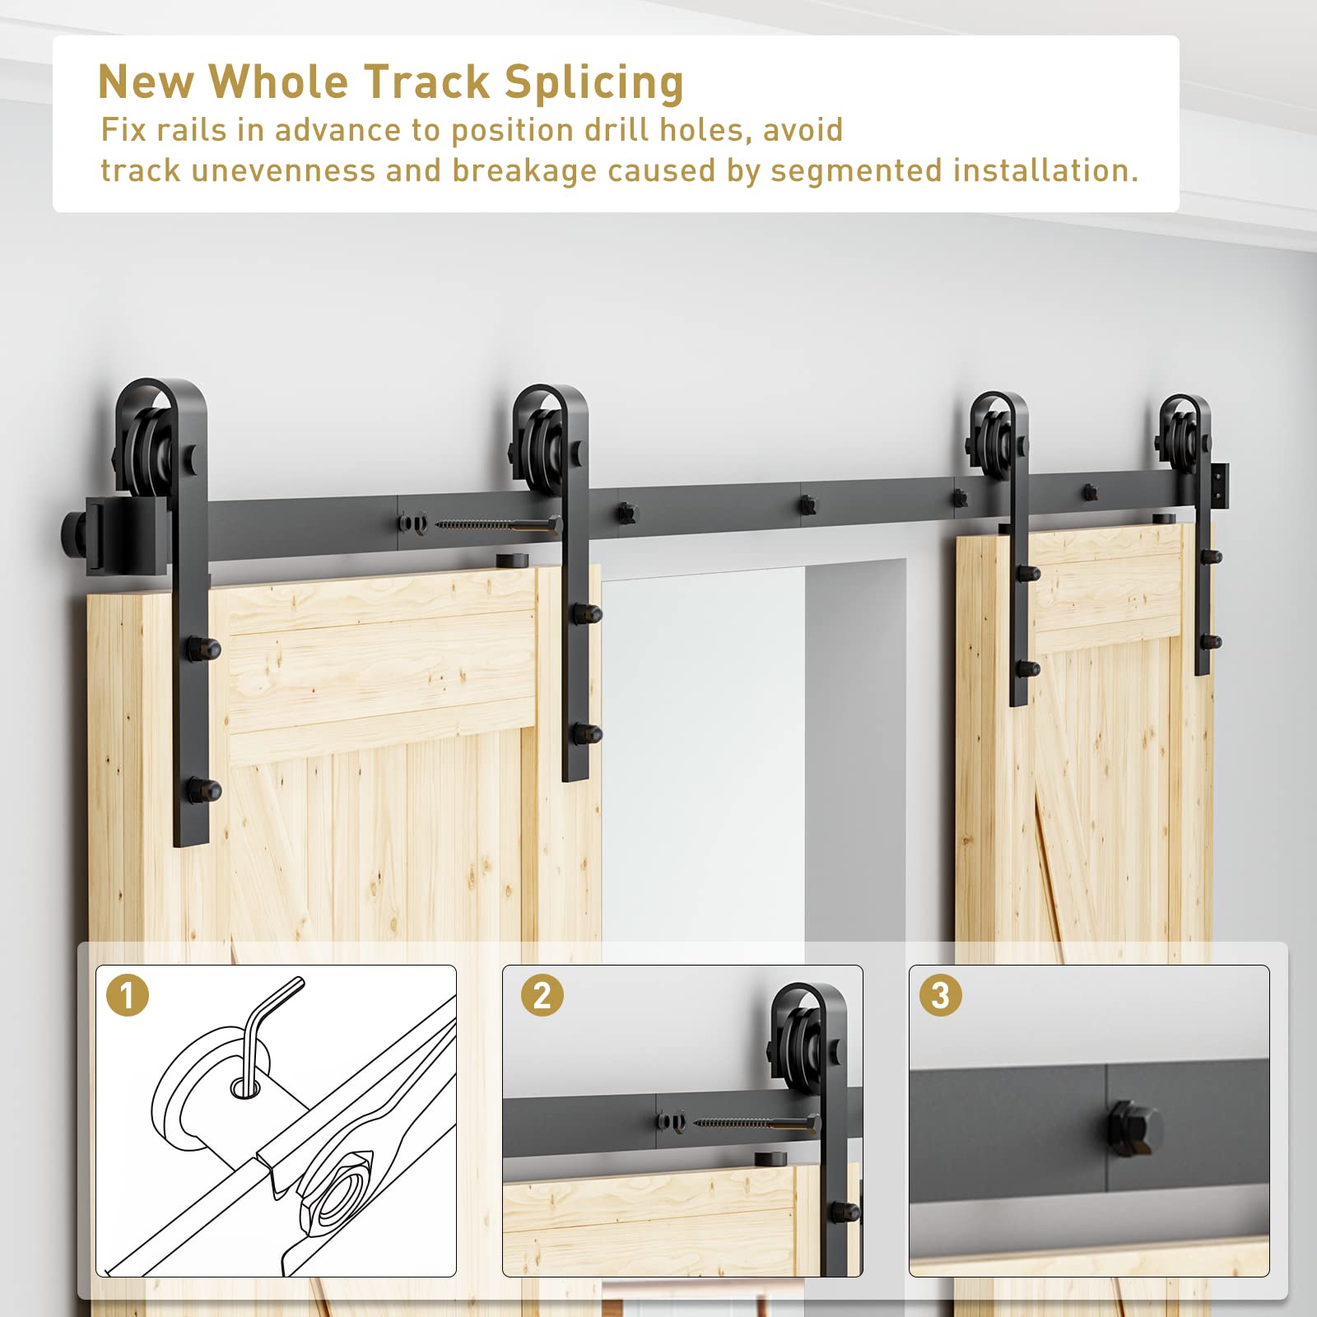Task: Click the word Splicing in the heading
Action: point(593,83)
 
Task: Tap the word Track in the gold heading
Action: point(427,81)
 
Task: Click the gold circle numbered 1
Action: point(128,995)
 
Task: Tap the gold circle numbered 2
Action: point(542,995)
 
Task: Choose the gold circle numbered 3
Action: point(941,995)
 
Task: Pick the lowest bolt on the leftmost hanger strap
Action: point(203,791)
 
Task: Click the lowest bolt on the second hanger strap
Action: point(587,732)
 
